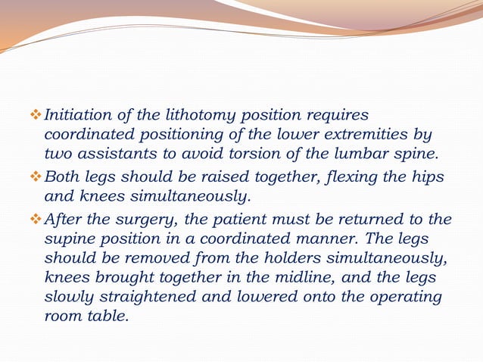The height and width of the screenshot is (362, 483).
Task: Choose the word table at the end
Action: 109,315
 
